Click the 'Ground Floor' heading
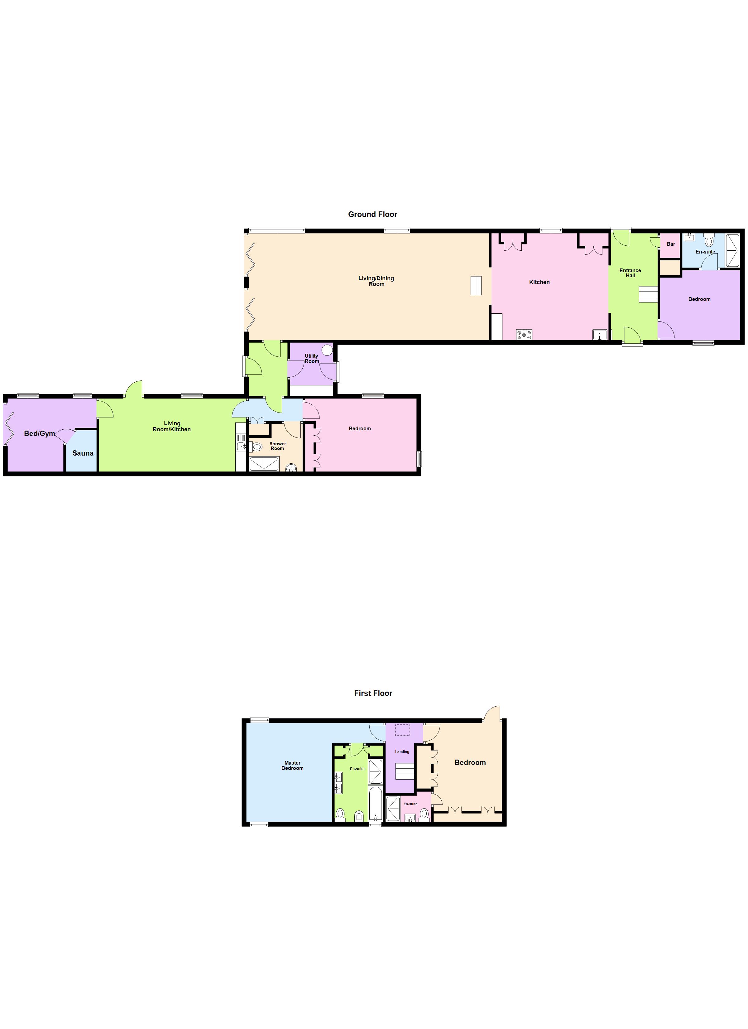(372, 214)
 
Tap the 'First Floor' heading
(373, 693)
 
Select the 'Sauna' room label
(83, 453)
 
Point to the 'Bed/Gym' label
(40, 433)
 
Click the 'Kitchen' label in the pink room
(539, 282)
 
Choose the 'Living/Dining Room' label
(376, 281)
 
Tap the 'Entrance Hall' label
(630, 273)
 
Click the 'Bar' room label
(670, 244)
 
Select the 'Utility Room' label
(312, 358)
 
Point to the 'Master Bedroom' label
(292, 766)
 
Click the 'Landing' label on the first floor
(402, 752)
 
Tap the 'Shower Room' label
(278, 446)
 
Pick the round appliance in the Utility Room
(327, 350)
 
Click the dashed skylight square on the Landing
(402, 730)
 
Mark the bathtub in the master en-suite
(376, 804)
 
